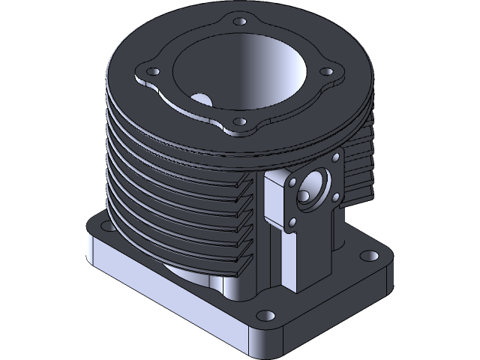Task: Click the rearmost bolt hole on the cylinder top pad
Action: click(x=239, y=21)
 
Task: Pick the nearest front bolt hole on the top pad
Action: click(x=239, y=121)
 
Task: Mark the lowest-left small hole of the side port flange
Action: click(x=292, y=222)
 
